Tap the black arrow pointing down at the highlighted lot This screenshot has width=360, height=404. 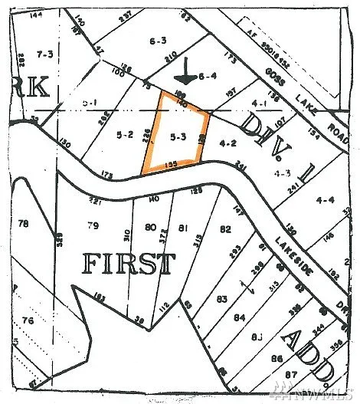tap(185, 73)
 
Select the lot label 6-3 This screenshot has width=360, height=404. tap(159, 41)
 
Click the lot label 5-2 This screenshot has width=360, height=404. tap(125, 135)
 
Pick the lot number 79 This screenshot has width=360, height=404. tap(93, 225)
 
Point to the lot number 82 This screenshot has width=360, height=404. tap(225, 228)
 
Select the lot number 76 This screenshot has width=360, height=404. tap(28, 320)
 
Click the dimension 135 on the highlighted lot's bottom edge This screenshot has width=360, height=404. tap(171, 163)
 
